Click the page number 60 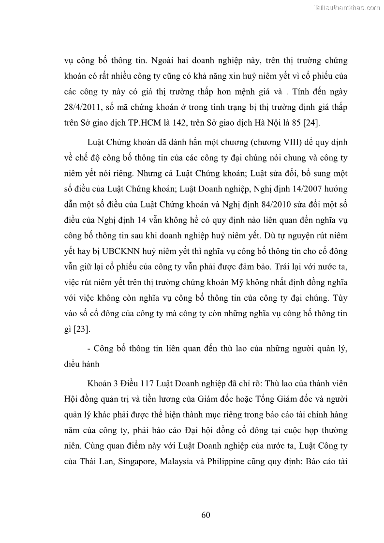click(x=206, y=514)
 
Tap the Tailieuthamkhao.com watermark click(x=347, y=7)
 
